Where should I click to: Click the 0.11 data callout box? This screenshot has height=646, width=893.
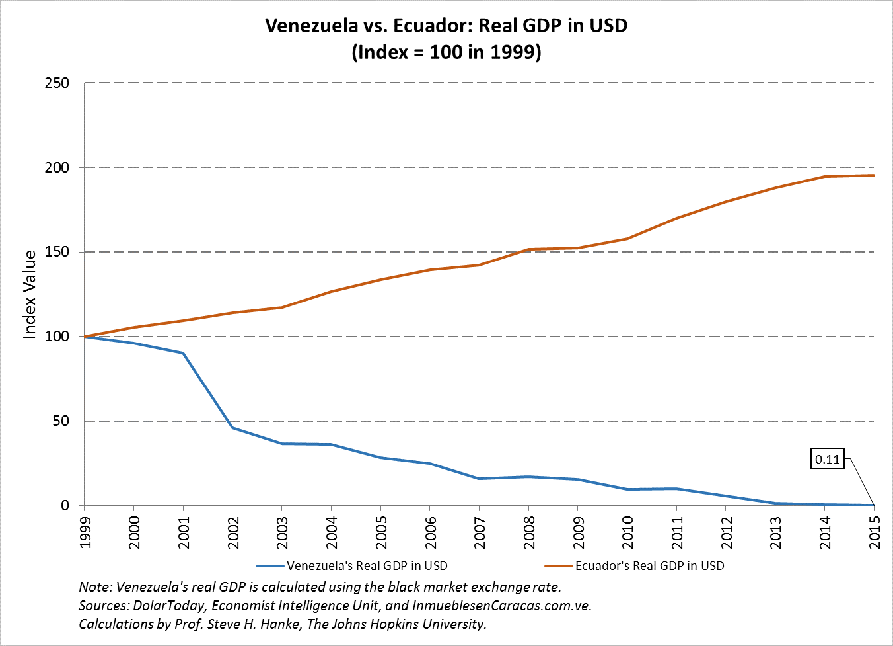click(x=827, y=459)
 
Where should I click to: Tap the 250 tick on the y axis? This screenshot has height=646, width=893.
click(x=57, y=83)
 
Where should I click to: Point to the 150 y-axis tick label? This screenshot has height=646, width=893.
click(x=57, y=252)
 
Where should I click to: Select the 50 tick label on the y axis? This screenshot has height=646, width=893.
click(x=61, y=421)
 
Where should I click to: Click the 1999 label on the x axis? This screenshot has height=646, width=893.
click(x=85, y=532)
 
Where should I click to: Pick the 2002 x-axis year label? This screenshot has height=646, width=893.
click(x=233, y=532)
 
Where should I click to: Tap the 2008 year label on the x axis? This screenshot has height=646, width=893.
click(x=529, y=532)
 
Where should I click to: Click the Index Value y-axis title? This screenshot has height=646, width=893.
click(x=30, y=294)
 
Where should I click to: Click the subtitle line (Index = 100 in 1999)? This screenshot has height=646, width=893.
click(x=446, y=52)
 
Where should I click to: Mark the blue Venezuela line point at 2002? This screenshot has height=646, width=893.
click(x=232, y=428)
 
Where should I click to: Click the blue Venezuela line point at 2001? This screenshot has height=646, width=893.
click(x=183, y=353)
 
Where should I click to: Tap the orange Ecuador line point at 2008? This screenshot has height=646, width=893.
click(x=529, y=249)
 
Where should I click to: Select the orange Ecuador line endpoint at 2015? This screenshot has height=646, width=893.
click(x=874, y=175)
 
